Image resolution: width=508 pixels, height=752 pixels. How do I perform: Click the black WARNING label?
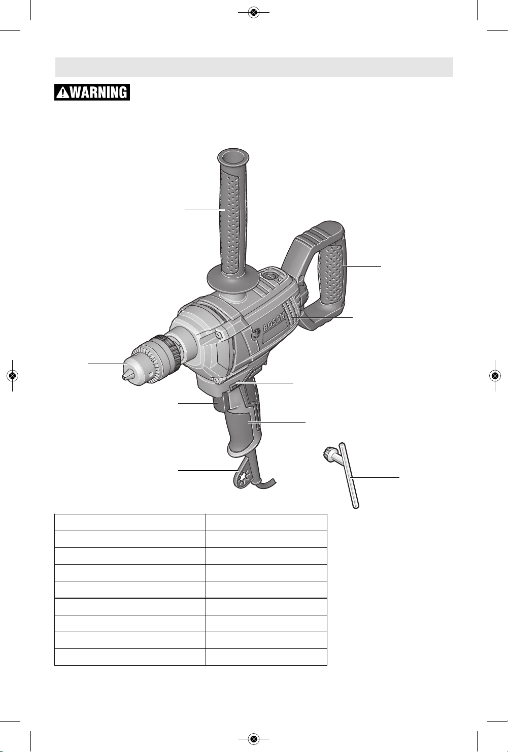tap(92, 92)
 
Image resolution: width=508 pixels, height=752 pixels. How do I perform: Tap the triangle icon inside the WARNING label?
tap(62, 92)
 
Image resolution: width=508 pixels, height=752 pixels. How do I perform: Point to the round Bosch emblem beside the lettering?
tap(256, 334)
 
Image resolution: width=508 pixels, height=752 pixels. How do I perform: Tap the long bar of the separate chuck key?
tap(349, 475)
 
